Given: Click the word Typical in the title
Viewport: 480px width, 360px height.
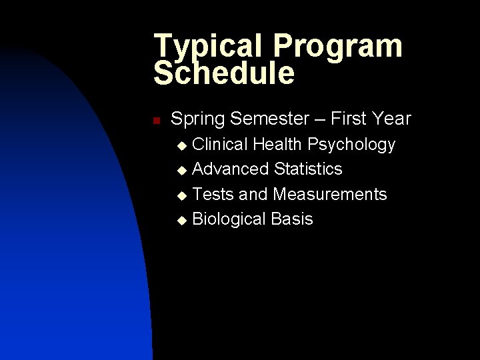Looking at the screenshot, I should [205, 47].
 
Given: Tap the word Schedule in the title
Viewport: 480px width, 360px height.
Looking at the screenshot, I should [224, 74].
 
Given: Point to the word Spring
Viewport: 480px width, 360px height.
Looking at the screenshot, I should [198, 119].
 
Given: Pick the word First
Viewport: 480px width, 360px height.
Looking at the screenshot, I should [353, 119].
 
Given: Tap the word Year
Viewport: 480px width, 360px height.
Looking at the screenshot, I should [393, 119].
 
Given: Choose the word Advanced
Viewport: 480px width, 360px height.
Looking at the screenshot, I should [231, 169].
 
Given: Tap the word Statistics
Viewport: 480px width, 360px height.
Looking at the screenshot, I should [308, 169].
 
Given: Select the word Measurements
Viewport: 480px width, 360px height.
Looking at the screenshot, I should [330, 194].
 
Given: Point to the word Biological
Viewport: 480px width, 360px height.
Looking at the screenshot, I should [229, 219].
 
